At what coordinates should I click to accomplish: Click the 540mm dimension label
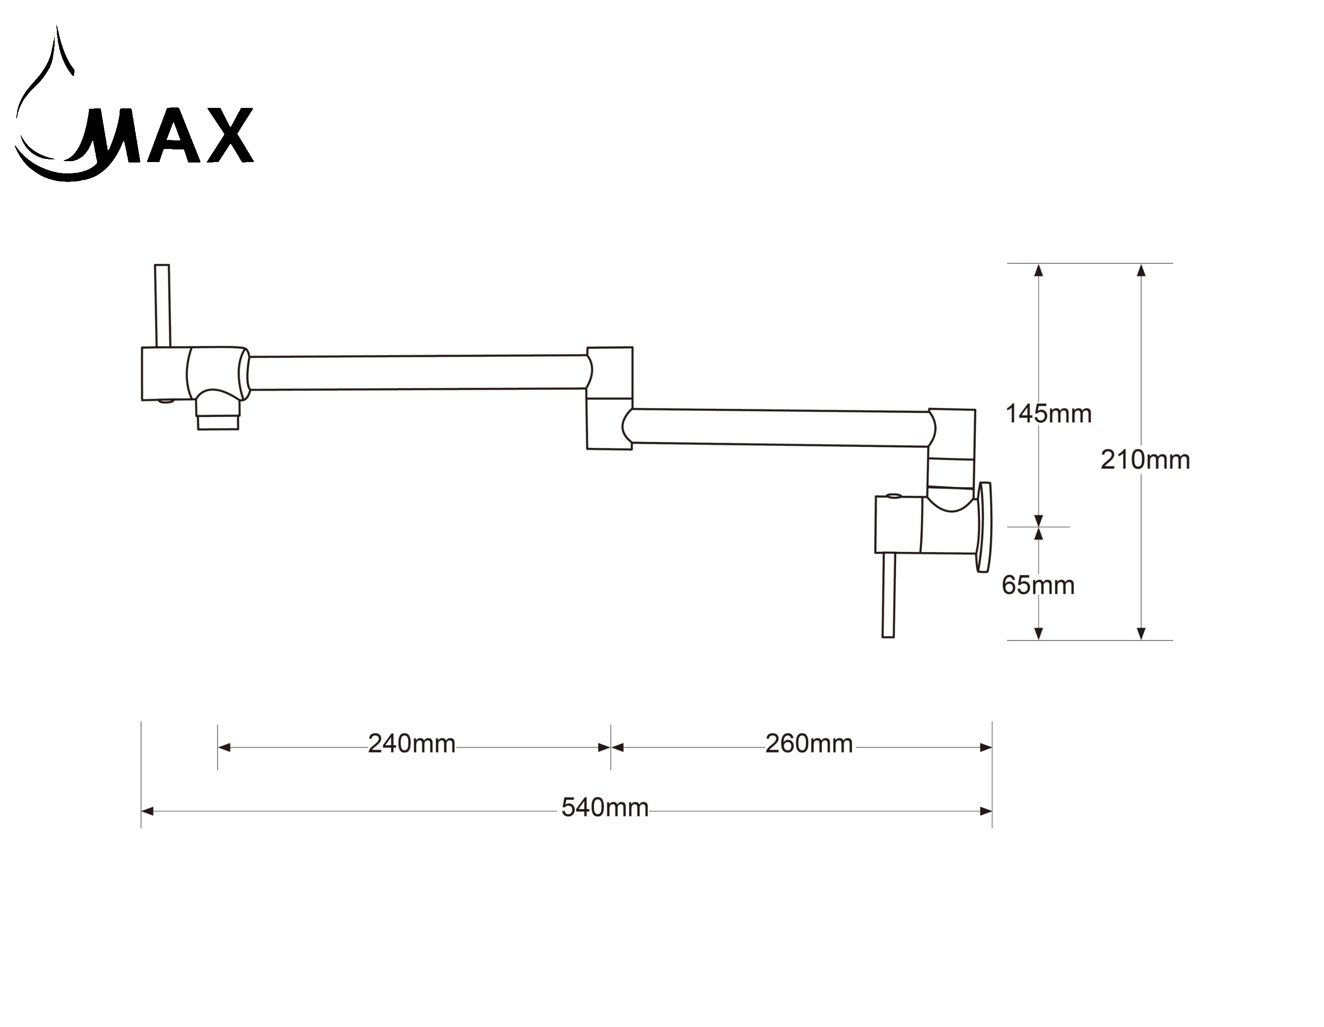click(x=604, y=808)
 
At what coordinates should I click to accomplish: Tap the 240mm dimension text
click(x=412, y=744)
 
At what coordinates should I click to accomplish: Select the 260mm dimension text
click(x=809, y=744)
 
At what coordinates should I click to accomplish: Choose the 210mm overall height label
click(x=1144, y=460)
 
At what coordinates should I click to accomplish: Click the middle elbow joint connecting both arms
click(x=609, y=398)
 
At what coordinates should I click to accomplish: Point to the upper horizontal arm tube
click(x=418, y=372)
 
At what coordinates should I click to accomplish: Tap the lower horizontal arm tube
click(x=779, y=427)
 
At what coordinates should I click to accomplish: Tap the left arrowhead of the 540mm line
click(x=147, y=811)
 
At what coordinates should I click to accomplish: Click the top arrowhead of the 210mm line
click(x=1141, y=270)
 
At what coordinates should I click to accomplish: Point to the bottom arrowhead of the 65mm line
click(x=1038, y=633)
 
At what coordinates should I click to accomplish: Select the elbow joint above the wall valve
click(x=952, y=449)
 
